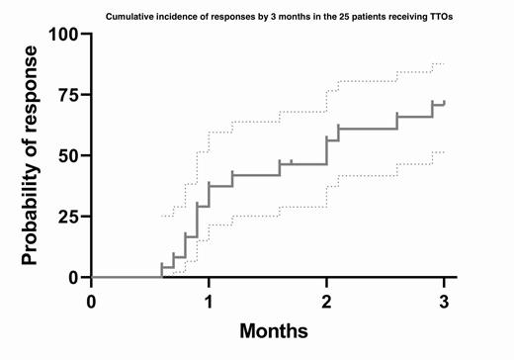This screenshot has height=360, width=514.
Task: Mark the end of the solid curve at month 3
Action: click(x=444, y=102)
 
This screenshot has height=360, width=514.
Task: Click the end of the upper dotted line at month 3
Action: click(x=444, y=64)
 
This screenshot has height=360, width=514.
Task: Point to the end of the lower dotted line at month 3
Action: click(x=444, y=152)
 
